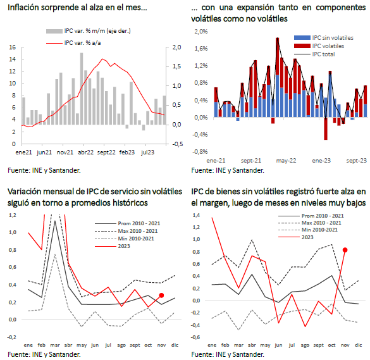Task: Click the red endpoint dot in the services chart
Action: click(161, 295)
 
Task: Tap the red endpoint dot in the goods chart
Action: click(345, 250)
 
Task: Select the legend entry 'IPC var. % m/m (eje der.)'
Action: click(89, 31)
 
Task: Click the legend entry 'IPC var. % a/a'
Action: click(73, 43)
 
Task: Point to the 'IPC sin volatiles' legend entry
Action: click(324, 38)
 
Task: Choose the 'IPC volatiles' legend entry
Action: click(319, 46)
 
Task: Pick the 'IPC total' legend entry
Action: click(314, 54)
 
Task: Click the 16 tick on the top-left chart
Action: click(12, 47)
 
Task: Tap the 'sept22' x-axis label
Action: click(106, 152)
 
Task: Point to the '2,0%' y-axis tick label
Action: click(201, 32)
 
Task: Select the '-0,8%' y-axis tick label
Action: click(200, 152)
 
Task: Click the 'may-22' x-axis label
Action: click(286, 161)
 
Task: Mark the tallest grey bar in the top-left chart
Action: click(82, 89)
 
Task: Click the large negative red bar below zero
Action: click(326, 128)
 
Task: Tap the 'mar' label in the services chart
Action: click(55, 345)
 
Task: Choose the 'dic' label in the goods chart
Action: click(358, 345)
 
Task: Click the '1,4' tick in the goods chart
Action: click(196, 215)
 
